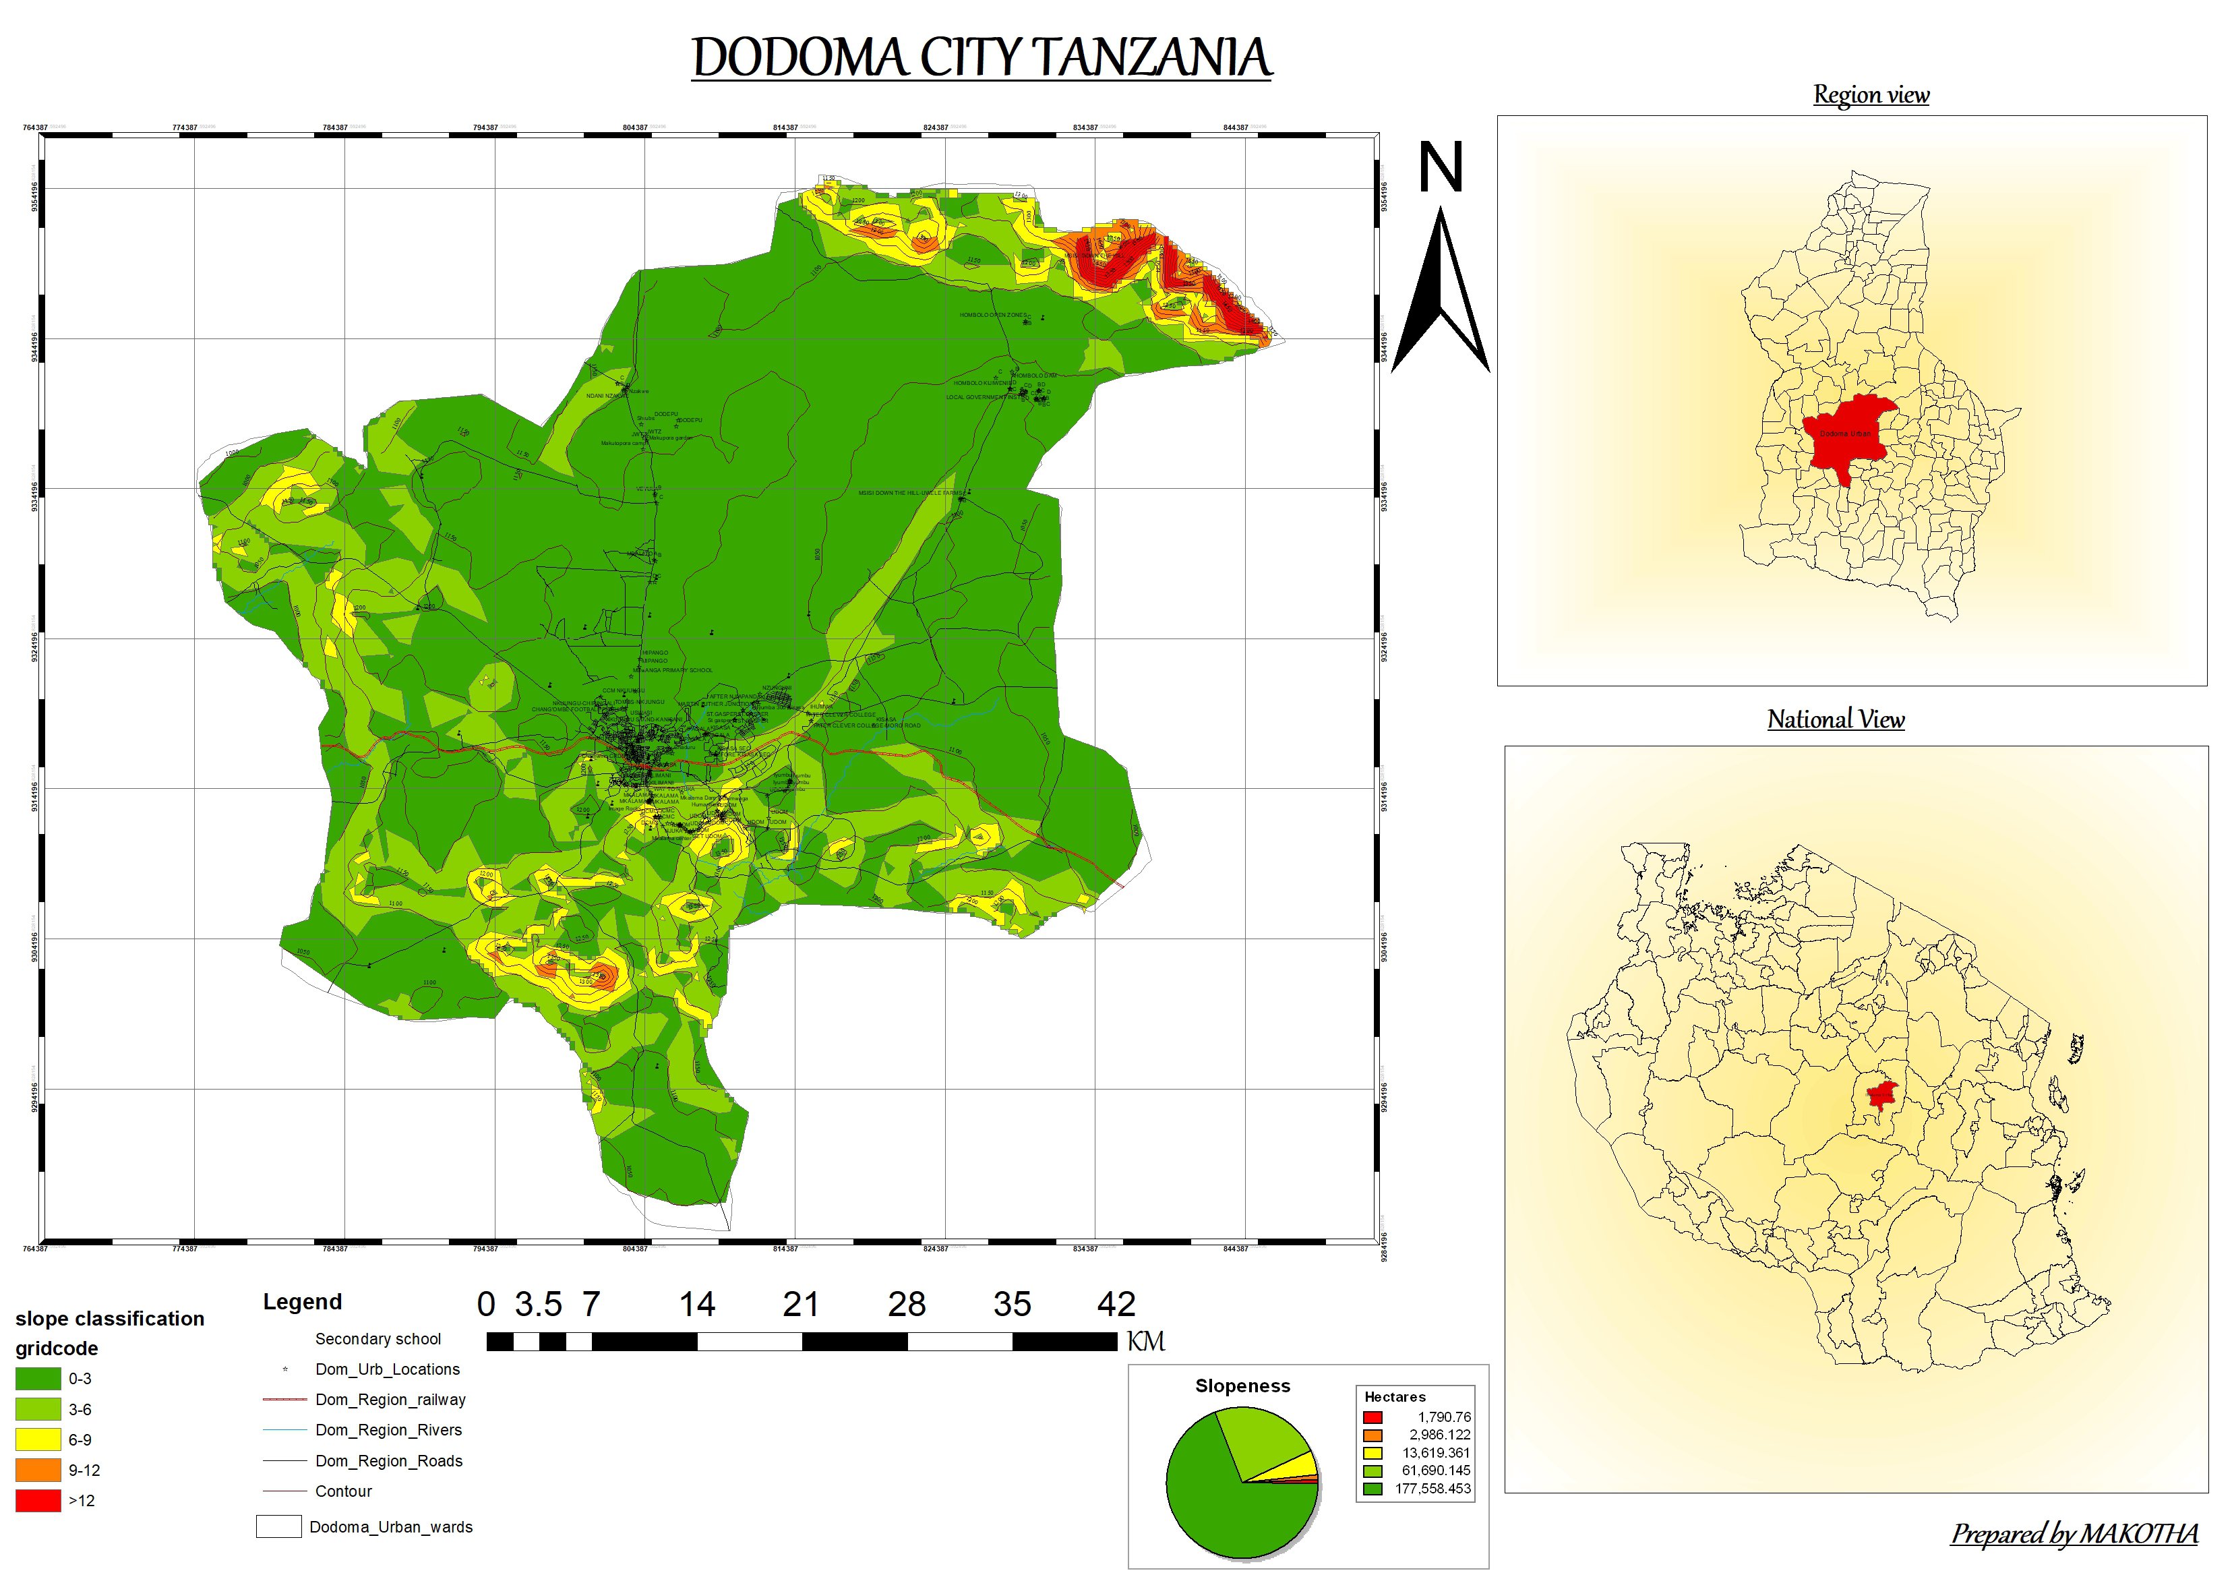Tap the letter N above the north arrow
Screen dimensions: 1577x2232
pyautogui.click(x=1440, y=168)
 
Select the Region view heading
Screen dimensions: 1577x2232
pyautogui.click(x=1871, y=94)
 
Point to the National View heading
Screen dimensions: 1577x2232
pyautogui.click(x=1836, y=719)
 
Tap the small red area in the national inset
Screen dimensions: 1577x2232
pyautogui.click(x=1883, y=1094)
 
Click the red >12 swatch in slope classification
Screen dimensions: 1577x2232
pyautogui.click(x=38, y=1500)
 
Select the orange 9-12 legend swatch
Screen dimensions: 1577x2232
pyautogui.click(x=38, y=1470)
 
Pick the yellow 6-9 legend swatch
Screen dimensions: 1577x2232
pyautogui.click(x=38, y=1439)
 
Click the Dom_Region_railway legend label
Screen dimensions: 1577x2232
pyautogui.click(x=390, y=1400)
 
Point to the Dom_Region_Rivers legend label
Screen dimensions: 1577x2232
pyautogui.click(x=388, y=1430)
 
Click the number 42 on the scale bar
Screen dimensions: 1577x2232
pyautogui.click(x=1116, y=1305)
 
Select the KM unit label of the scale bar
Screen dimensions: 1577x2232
pyautogui.click(x=1145, y=1342)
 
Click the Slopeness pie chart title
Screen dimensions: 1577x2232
pyautogui.click(x=1242, y=1386)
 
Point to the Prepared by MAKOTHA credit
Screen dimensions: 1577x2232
pyautogui.click(x=2074, y=1535)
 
